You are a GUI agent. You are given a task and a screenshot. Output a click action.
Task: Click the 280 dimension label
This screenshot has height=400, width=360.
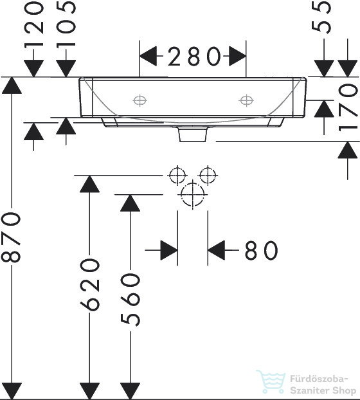194,57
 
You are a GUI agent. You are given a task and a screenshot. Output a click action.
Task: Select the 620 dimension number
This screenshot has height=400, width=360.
89,284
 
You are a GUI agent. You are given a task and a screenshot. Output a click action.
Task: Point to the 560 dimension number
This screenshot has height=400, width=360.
130,300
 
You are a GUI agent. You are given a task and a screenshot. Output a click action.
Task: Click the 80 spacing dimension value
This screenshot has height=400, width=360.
261,250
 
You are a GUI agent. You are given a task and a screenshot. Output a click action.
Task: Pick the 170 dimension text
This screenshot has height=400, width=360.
348,107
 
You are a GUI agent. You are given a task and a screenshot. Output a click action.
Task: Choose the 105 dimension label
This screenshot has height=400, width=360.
66,24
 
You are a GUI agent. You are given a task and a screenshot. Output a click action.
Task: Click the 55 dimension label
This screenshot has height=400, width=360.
321,17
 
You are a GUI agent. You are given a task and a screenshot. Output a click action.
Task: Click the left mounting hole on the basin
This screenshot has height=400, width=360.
139,100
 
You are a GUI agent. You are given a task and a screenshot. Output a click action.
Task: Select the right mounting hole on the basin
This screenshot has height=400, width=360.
246,100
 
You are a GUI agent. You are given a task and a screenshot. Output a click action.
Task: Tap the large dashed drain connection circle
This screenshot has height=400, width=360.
193,194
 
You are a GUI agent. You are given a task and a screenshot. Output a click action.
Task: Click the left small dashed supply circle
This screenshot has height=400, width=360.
177,176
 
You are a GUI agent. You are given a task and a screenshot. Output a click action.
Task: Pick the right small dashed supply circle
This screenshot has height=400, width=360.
208,176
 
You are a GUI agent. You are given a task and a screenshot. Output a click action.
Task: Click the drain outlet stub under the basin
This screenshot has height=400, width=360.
193,134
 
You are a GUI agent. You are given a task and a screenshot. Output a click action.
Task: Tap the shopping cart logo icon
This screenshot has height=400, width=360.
271,381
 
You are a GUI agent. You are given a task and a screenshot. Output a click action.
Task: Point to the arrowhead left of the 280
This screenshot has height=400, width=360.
148,56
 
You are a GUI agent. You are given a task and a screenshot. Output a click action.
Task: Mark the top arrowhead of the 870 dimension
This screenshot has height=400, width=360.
12,86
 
